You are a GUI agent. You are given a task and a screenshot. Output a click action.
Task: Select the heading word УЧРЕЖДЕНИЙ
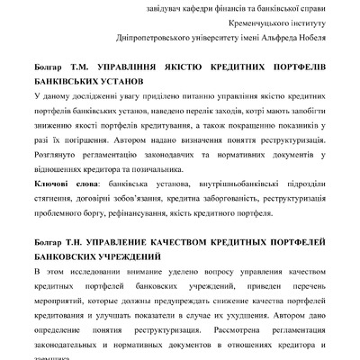click(126, 257)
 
